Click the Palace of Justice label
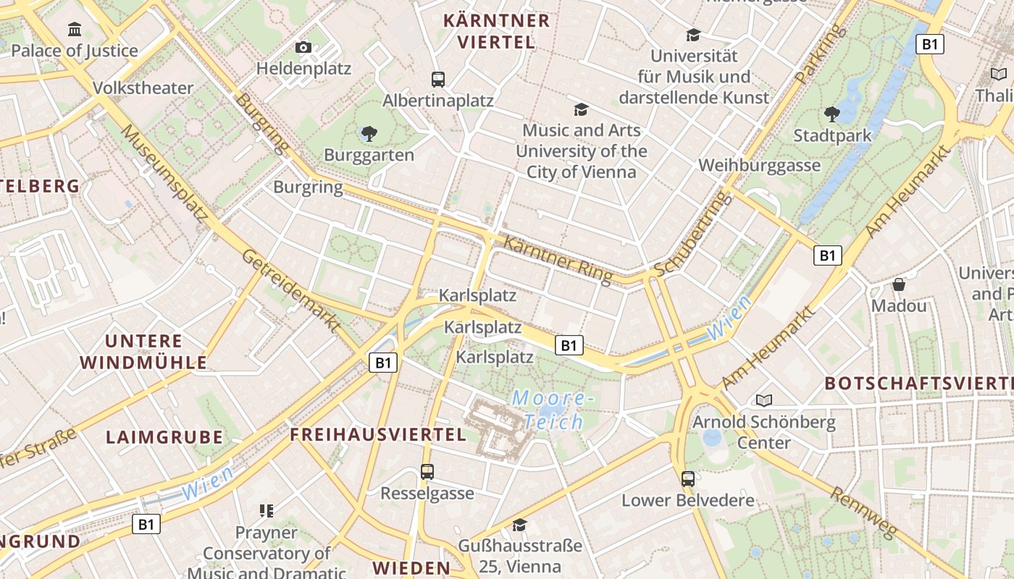(x=74, y=51)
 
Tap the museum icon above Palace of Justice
(x=74, y=30)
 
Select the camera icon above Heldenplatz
(x=303, y=48)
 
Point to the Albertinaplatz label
(x=438, y=101)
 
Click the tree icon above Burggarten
(x=369, y=133)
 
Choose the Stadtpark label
(x=832, y=135)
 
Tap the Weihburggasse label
(x=759, y=165)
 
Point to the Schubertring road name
(x=690, y=234)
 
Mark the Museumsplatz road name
(x=164, y=172)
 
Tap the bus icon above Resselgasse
(x=427, y=472)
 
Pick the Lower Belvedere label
(x=687, y=500)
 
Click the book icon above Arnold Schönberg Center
(x=763, y=400)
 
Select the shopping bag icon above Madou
(x=899, y=284)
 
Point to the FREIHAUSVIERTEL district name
(x=378, y=435)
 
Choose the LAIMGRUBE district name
(x=164, y=437)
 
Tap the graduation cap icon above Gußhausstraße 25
(x=519, y=524)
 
